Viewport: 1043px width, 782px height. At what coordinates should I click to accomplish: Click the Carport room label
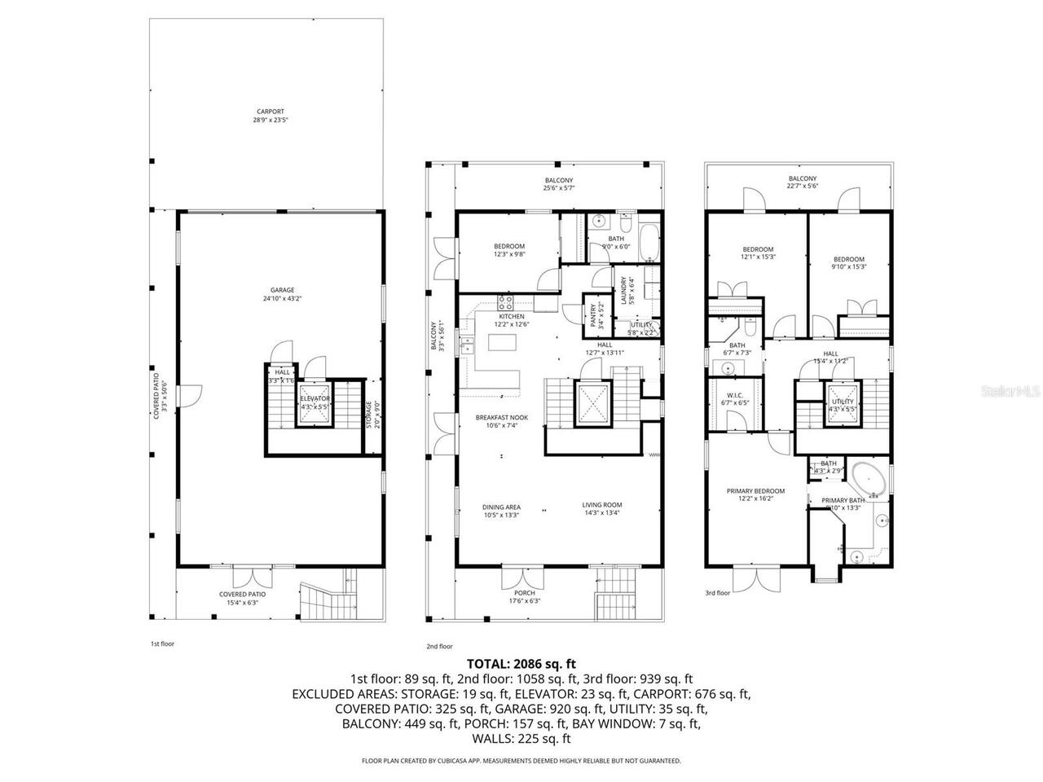pyautogui.click(x=271, y=116)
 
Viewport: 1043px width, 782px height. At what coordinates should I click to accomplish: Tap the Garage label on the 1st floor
pyautogui.click(x=283, y=294)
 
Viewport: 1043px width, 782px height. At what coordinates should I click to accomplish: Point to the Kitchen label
pyautogui.click(x=511, y=319)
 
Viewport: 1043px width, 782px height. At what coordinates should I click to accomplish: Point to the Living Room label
pyautogui.click(x=602, y=509)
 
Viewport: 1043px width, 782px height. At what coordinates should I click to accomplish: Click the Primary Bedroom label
pyautogui.click(x=755, y=494)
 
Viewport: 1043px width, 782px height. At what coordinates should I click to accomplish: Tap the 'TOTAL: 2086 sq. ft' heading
pyautogui.click(x=521, y=664)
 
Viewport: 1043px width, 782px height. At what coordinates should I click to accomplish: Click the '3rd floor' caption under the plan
pyautogui.click(x=718, y=594)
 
